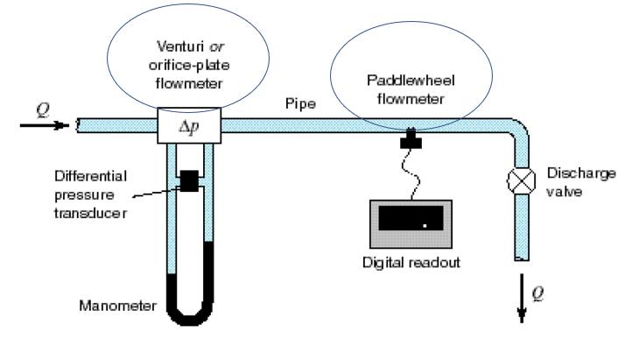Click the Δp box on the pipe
pyautogui.click(x=189, y=127)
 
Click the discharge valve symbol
pyautogui.click(x=518, y=182)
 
